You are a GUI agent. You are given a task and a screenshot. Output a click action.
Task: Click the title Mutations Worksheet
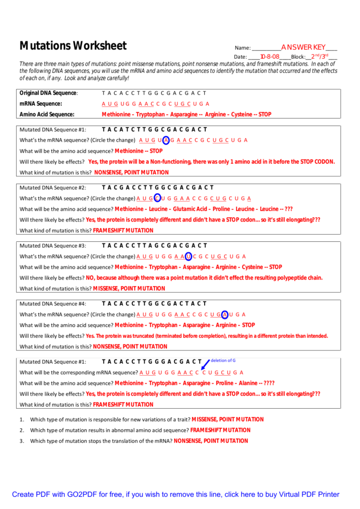click(x=73, y=46)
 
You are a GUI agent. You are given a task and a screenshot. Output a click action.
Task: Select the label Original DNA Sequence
click(x=48, y=93)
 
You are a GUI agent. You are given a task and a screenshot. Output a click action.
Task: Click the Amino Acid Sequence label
click(x=47, y=114)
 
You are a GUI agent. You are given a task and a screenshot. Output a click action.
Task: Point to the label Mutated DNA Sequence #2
click(x=52, y=187)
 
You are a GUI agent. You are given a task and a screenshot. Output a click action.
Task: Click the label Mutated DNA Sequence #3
click(x=52, y=246)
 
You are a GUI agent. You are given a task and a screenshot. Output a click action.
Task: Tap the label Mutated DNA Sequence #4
click(x=52, y=303)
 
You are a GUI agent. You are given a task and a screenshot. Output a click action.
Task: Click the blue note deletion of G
click(x=223, y=360)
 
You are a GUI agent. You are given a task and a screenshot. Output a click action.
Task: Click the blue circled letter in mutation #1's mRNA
click(x=166, y=140)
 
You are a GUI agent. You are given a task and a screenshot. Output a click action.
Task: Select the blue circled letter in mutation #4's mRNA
click(x=225, y=314)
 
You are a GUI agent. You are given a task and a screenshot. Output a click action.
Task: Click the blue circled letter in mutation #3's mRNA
click(x=188, y=257)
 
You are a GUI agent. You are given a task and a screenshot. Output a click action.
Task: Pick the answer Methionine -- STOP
click(x=139, y=151)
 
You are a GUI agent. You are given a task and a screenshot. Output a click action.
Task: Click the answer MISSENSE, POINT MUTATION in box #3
click(x=129, y=288)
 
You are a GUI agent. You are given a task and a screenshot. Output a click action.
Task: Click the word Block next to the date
click(x=298, y=57)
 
